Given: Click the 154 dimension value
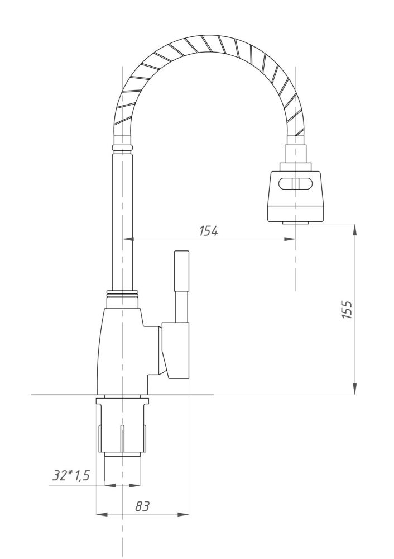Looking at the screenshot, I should tap(209, 230).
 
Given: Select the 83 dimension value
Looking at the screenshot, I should tap(142, 506).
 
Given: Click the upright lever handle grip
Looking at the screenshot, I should tap(182, 270).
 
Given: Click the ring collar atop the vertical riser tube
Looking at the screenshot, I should tap(123, 148).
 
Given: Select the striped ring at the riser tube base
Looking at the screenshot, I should tap(122, 293).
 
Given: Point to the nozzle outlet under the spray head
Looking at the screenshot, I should tap(296, 223).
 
